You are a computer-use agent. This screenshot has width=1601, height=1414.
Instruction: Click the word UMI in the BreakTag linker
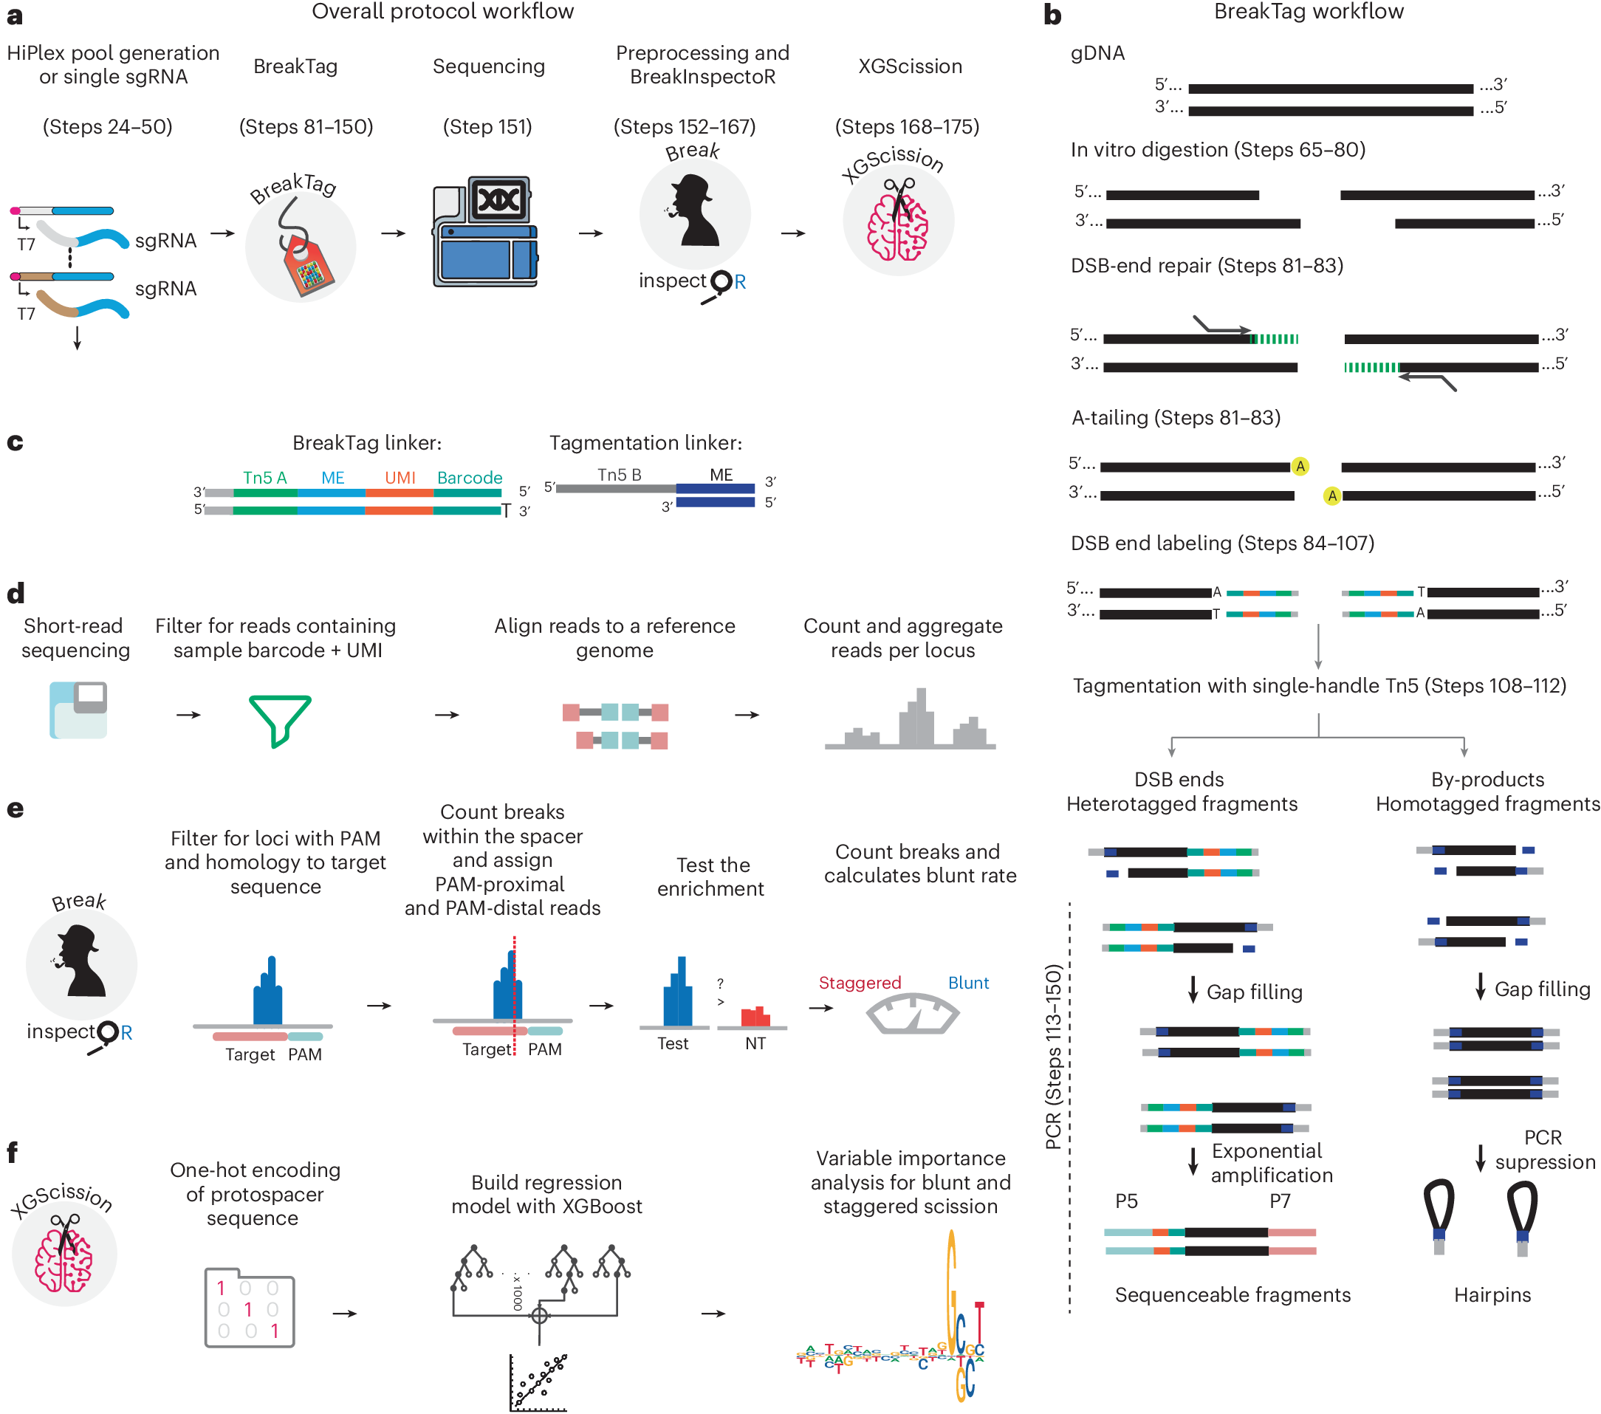click(x=400, y=477)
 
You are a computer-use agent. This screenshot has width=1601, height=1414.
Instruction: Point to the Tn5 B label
click(x=619, y=474)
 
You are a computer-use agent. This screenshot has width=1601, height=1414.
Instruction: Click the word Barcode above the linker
click(x=469, y=477)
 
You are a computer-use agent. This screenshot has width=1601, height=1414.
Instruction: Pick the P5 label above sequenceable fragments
click(x=1125, y=1200)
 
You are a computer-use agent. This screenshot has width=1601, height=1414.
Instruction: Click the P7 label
click(x=1279, y=1200)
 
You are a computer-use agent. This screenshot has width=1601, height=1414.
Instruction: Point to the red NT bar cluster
click(x=755, y=1016)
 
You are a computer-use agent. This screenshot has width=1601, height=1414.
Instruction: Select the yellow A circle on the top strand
click(x=1300, y=466)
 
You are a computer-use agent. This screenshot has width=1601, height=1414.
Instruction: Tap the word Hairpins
click(x=1492, y=1294)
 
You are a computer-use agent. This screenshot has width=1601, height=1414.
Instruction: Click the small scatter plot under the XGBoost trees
click(x=538, y=1383)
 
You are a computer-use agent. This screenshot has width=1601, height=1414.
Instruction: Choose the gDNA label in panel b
click(x=1097, y=52)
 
